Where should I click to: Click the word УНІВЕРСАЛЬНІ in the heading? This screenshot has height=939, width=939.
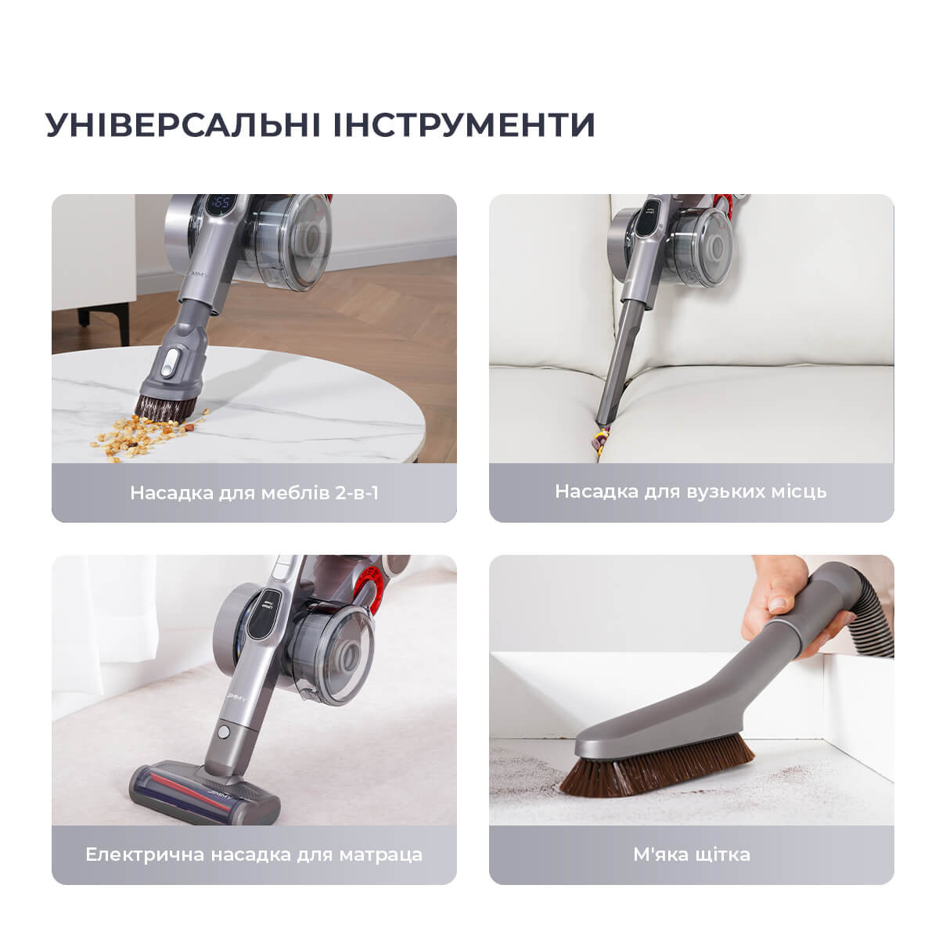[x=183, y=124]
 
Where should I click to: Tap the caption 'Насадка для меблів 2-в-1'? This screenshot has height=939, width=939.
[x=254, y=493]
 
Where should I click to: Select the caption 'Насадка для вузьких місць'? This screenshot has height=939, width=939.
[x=691, y=491]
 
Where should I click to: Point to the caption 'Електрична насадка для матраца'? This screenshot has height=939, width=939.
[x=254, y=854]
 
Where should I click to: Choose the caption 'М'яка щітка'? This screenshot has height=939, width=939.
[x=692, y=854]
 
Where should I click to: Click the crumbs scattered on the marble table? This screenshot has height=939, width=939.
[x=146, y=434]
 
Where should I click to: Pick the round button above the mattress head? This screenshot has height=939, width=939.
[x=224, y=732]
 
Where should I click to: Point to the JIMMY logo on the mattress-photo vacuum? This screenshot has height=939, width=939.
[x=237, y=698]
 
